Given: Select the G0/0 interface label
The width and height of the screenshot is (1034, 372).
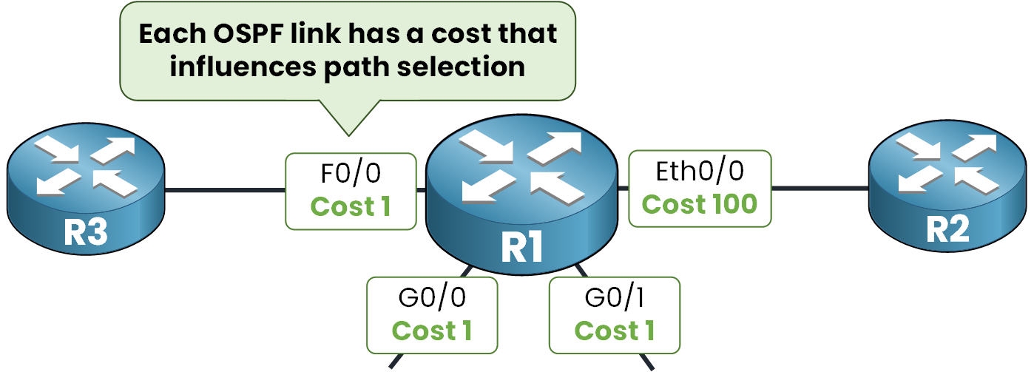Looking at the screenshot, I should click(x=432, y=299).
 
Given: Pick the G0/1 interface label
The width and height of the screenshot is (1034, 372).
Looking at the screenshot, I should click(x=614, y=299).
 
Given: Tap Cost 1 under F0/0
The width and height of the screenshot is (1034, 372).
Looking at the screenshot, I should click(x=350, y=207).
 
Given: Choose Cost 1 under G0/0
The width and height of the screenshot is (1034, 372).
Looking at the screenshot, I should click(x=432, y=331).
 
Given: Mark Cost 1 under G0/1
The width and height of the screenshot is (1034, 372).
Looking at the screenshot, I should click(x=614, y=331).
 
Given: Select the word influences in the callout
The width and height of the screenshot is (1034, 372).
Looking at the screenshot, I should click(x=247, y=66).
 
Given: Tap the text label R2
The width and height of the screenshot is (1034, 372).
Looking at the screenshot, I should click(x=947, y=231).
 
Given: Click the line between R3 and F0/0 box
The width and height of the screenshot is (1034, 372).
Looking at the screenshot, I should click(x=225, y=190).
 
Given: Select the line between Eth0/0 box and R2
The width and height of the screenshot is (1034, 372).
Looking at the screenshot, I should click(x=820, y=189).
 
